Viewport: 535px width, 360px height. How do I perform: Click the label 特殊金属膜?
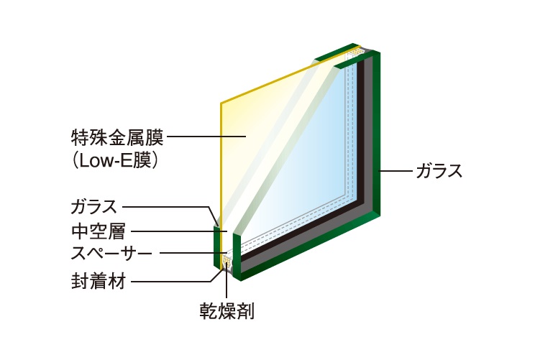[117, 137]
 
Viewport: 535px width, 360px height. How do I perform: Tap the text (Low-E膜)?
[114, 160]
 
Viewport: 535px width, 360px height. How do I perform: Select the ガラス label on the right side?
[439, 171]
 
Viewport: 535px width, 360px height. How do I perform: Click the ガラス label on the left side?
[93, 207]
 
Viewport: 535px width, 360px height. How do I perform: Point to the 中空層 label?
[99, 231]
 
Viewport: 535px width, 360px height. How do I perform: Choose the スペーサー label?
[111, 254]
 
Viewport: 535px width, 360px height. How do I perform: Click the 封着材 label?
[99, 282]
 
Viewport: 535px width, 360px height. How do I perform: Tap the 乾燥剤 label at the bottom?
[227, 310]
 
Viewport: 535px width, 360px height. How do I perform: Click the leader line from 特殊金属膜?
[206, 137]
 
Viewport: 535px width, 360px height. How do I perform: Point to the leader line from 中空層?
[179, 231]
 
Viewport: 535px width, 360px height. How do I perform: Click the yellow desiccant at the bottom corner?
[227, 262]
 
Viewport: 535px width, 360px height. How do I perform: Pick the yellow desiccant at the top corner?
[357, 51]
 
